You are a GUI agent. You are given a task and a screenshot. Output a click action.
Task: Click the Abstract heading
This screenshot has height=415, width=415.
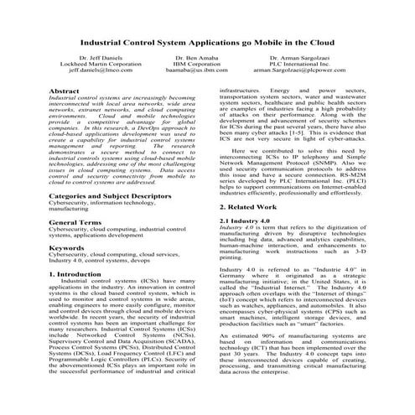[66, 90]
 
